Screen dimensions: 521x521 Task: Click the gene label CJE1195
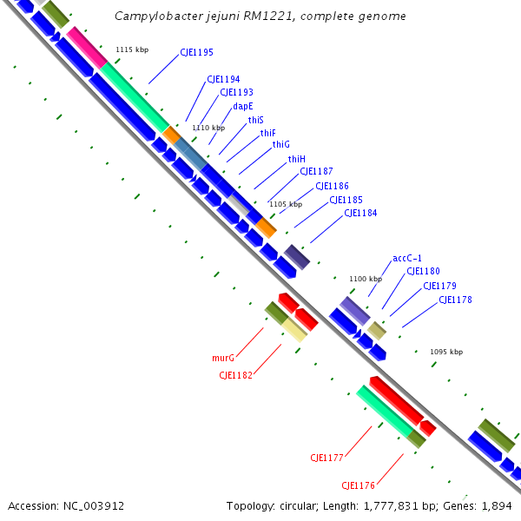pos(196,53)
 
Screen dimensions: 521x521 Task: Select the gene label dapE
pos(243,107)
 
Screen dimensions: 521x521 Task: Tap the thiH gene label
pos(297,159)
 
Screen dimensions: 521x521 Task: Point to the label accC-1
pos(407,258)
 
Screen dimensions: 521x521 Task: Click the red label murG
pos(223,358)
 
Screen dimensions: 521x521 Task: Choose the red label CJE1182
pos(235,375)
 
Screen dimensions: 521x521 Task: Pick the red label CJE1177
pos(327,458)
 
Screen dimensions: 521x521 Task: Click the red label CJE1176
pos(358,485)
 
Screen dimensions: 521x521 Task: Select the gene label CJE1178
pos(455,300)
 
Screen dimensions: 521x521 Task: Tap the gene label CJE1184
pos(360,213)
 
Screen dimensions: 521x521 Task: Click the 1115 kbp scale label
pos(132,49)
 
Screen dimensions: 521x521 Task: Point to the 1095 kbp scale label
pos(446,352)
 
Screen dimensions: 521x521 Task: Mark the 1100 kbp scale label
pos(366,279)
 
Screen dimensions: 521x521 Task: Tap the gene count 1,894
pos(500,505)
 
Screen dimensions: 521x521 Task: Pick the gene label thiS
pos(255,120)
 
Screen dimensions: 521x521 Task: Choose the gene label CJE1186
pos(332,186)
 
